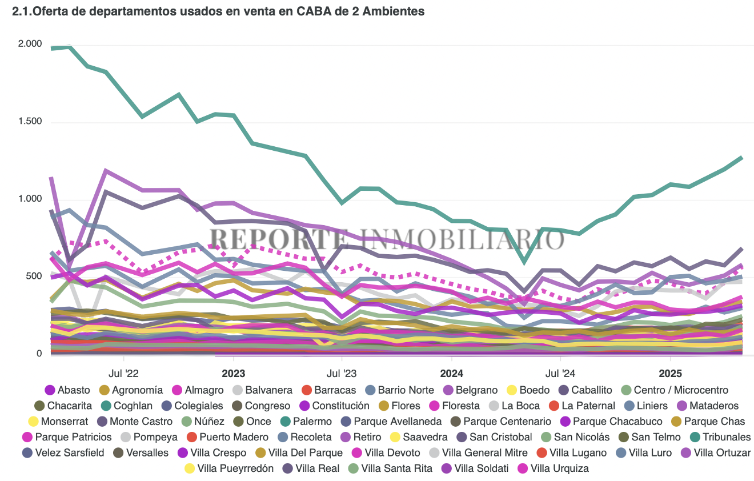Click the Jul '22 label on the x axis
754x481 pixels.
pyautogui.click(x=123, y=374)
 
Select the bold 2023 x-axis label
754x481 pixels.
pyautogui.click(x=233, y=374)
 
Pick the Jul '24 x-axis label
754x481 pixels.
pyautogui.click(x=560, y=374)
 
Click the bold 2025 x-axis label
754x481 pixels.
pyautogui.click(x=671, y=374)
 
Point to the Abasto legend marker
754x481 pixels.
pyautogui.click(x=50, y=390)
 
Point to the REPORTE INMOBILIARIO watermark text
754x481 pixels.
pyautogui.click(x=386, y=239)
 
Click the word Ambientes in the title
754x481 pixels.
pyautogui.click(x=394, y=11)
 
